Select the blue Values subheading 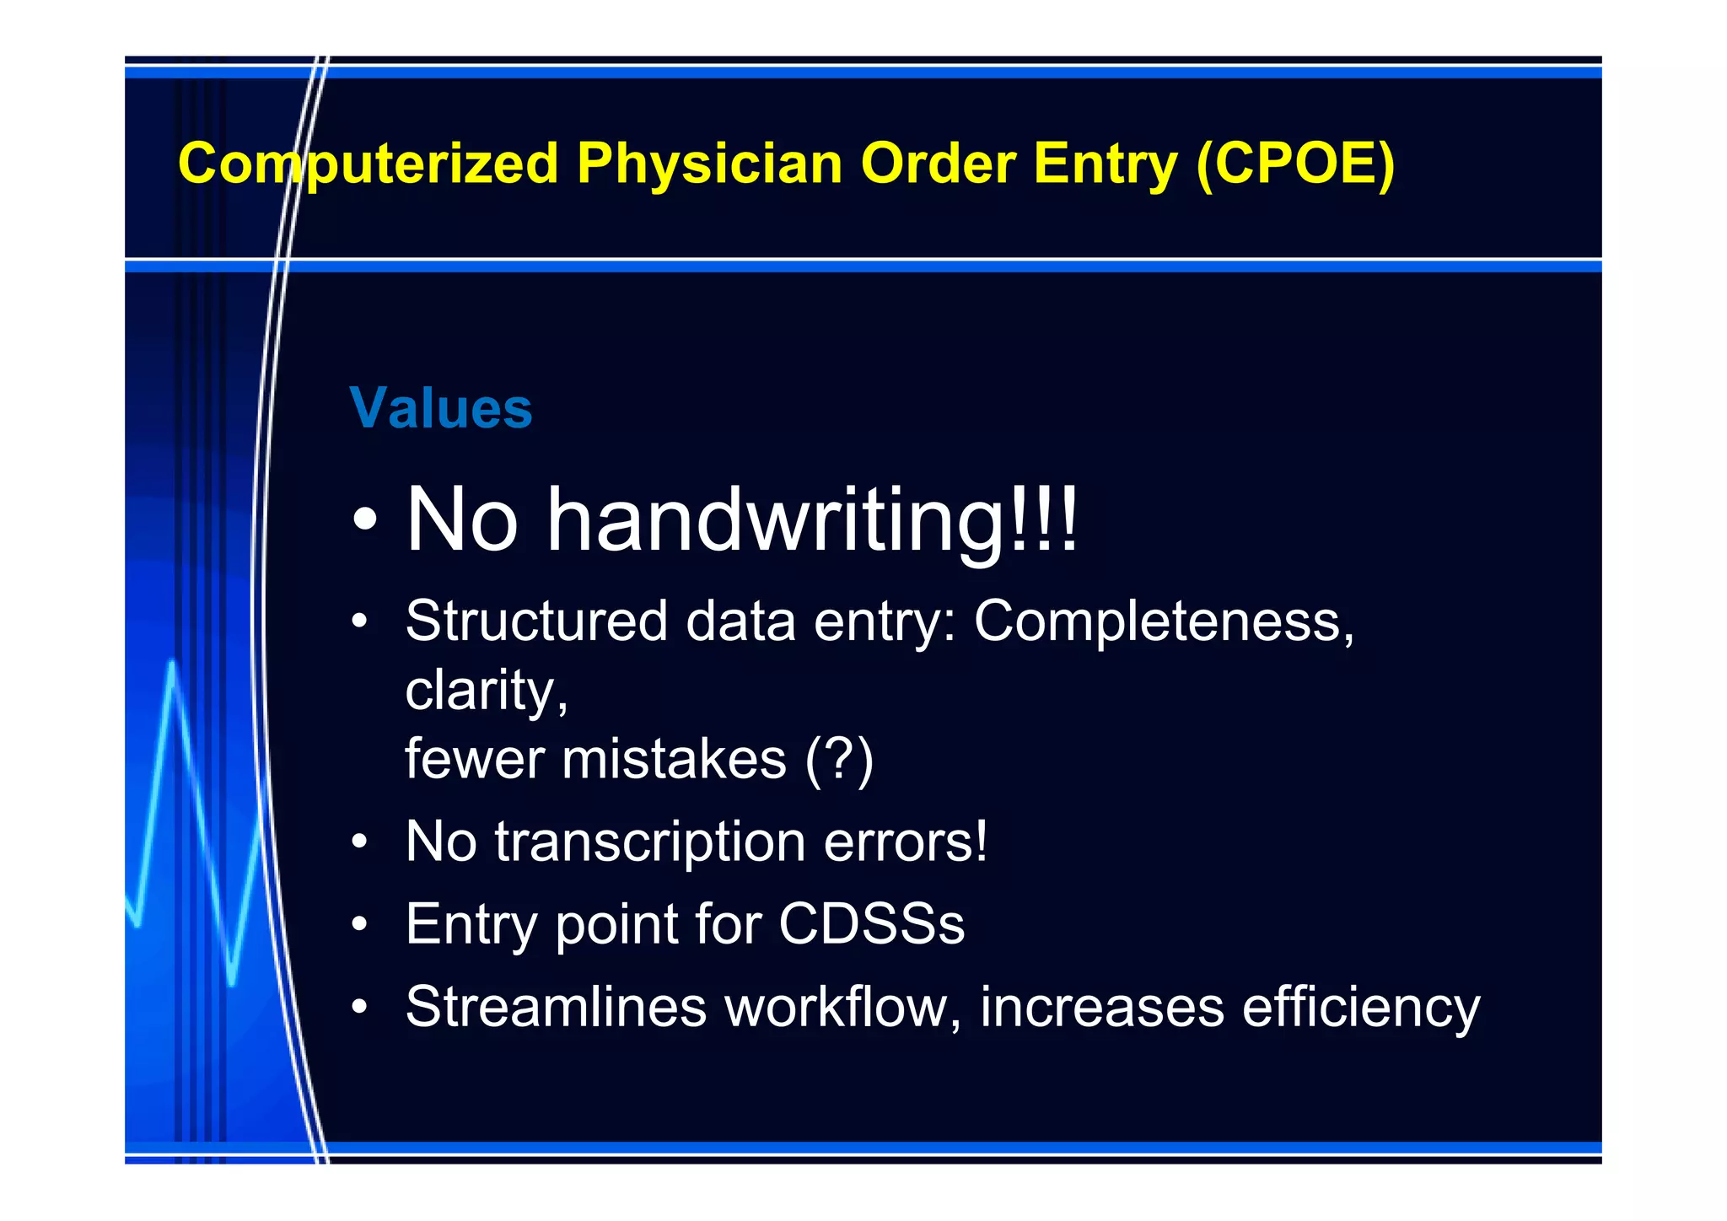(441, 408)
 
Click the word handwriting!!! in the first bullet (813, 521)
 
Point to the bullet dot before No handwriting (364, 521)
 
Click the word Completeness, (1164, 622)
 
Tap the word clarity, (487, 691)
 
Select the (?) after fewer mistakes (839, 759)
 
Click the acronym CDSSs (871, 924)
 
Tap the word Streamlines (556, 1006)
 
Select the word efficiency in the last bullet (1360, 1008)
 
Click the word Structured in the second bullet (536, 622)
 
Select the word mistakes (674, 759)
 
